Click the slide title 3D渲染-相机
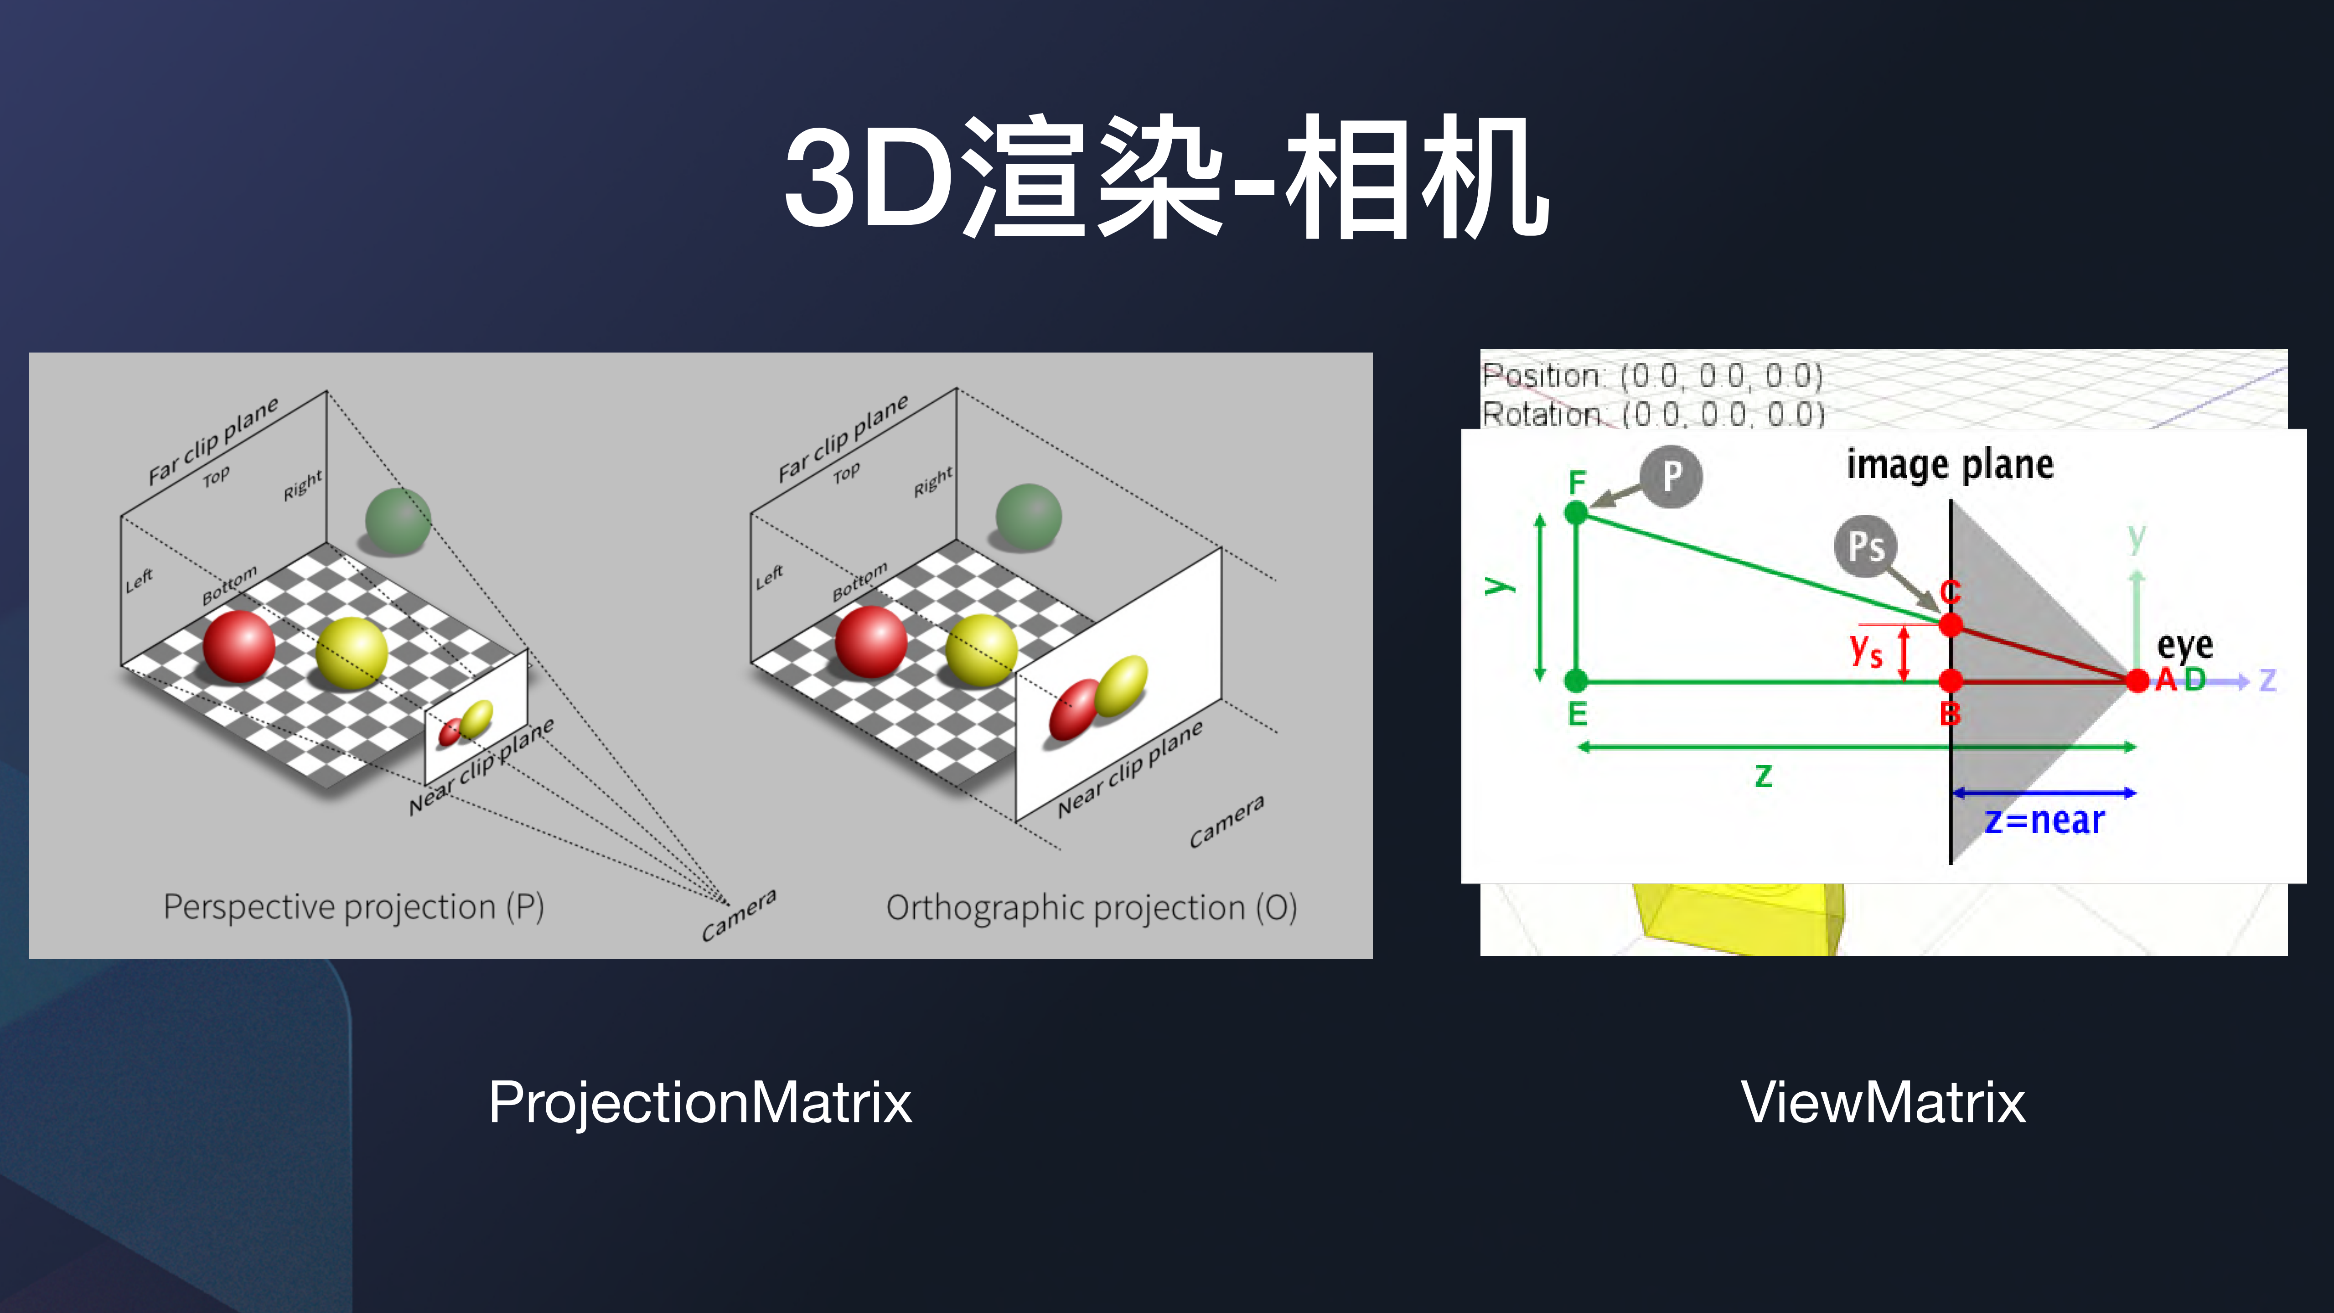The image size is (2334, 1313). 1166,176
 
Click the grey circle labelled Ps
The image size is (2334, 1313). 1866,546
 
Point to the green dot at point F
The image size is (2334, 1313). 1577,513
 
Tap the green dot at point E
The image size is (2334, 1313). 1577,680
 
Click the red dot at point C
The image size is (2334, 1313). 1951,624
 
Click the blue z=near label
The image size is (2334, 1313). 2044,820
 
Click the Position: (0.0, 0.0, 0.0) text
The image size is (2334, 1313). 1652,375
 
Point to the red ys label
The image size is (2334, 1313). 1866,650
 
